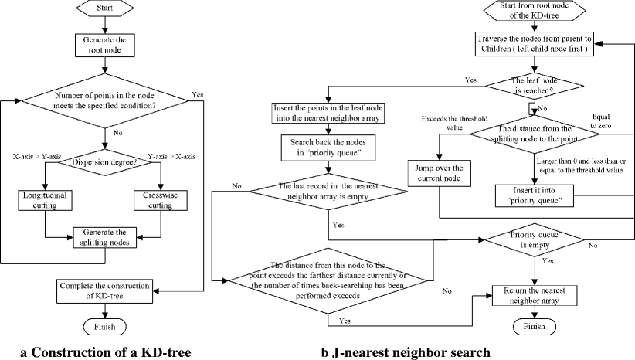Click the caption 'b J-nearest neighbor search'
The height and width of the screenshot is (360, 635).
pyautogui.click(x=405, y=352)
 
